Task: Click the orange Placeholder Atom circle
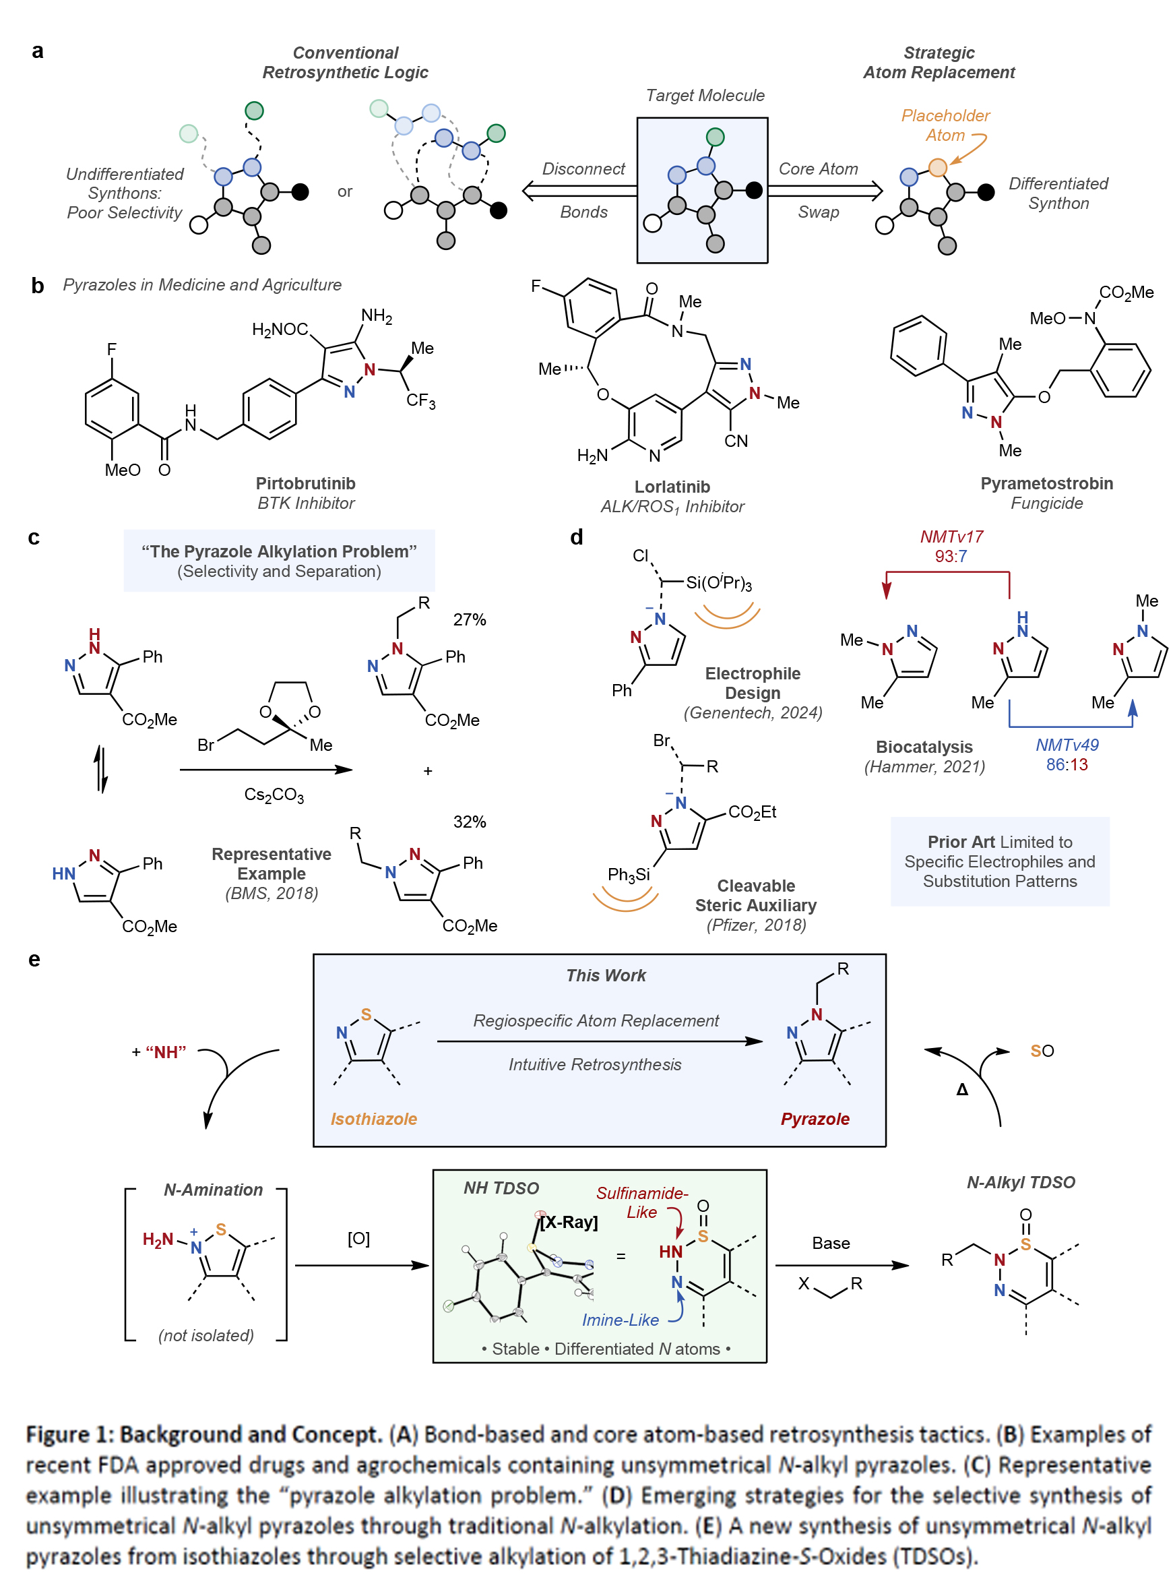[x=937, y=167]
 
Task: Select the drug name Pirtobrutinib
[x=305, y=483]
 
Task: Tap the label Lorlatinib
[x=672, y=487]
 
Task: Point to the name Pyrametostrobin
[x=1046, y=483]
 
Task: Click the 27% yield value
[x=470, y=620]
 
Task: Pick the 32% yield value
[x=470, y=822]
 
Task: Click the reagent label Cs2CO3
[x=274, y=795]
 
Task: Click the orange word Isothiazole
[x=373, y=1119]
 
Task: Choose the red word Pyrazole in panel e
[x=815, y=1119]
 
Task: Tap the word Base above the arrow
[x=831, y=1242]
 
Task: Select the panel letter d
[x=576, y=537]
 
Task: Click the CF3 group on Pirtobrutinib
[x=420, y=400]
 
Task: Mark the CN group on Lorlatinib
[x=736, y=441]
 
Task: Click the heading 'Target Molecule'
[x=705, y=95]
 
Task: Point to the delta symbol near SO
[x=961, y=1089]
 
